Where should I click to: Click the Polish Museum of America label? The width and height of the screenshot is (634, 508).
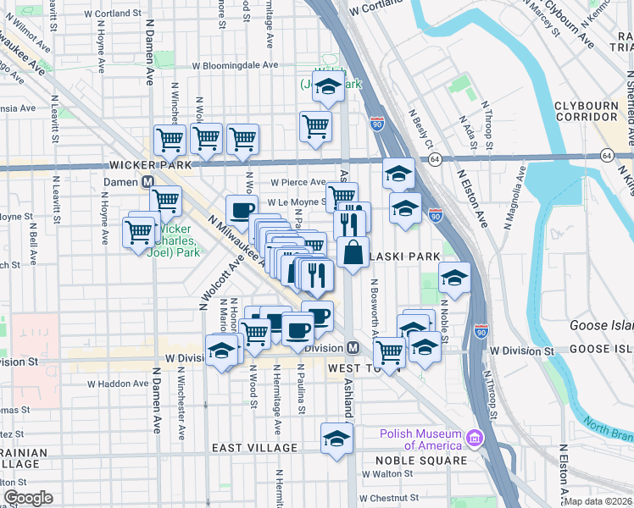coord(421,439)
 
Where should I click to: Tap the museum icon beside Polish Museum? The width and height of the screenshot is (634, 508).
coord(475,439)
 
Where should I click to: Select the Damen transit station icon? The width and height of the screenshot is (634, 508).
coord(147,182)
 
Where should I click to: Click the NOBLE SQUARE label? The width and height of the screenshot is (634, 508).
coord(421,461)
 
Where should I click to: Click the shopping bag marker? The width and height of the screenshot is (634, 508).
coord(353,251)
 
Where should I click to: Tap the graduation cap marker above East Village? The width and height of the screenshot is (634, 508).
coord(336,439)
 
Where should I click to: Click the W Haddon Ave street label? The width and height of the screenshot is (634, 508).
coord(119,383)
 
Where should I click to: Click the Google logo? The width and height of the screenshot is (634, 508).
coord(28,498)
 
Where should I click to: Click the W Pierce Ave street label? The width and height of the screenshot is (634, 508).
coord(298,182)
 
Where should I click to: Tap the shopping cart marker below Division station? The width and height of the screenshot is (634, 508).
coord(389,351)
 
